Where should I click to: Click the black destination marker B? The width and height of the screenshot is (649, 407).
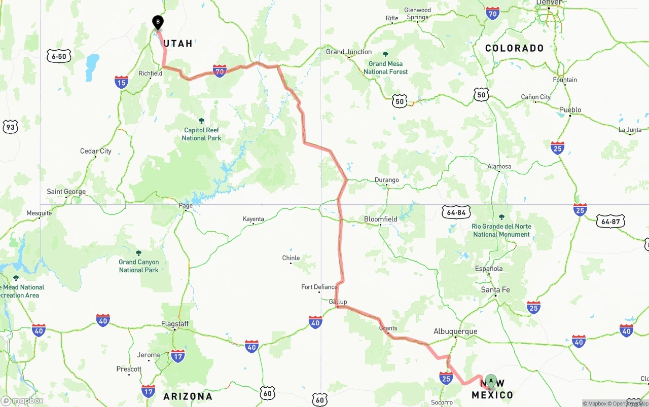click(158, 22)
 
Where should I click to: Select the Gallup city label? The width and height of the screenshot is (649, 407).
click(338, 302)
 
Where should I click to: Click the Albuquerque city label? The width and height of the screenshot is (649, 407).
click(455, 331)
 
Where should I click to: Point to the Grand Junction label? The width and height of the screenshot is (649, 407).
click(349, 52)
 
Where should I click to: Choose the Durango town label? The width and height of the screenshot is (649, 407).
click(386, 180)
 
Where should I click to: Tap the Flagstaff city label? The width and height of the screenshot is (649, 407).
click(175, 324)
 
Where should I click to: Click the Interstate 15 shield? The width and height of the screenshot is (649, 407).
click(121, 82)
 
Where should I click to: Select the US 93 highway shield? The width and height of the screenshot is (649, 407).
click(10, 127)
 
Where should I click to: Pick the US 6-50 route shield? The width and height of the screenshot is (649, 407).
click(59, 56)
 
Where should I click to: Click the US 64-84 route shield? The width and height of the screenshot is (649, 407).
click(456, 212)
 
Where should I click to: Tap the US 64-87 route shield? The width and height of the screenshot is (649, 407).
click(610, 221)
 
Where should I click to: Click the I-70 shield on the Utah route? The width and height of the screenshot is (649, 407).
click(220, 71)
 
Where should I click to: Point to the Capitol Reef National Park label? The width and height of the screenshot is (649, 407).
click(201, 134)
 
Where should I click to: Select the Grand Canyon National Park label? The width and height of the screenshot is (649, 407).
click(138, 266)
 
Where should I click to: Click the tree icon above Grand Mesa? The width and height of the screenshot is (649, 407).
click(385, 54)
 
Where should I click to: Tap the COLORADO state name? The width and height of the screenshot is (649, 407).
click(514, 48)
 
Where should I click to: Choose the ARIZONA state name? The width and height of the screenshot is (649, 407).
click(188, 396)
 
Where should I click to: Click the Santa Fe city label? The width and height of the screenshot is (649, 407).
click(495, 290)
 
